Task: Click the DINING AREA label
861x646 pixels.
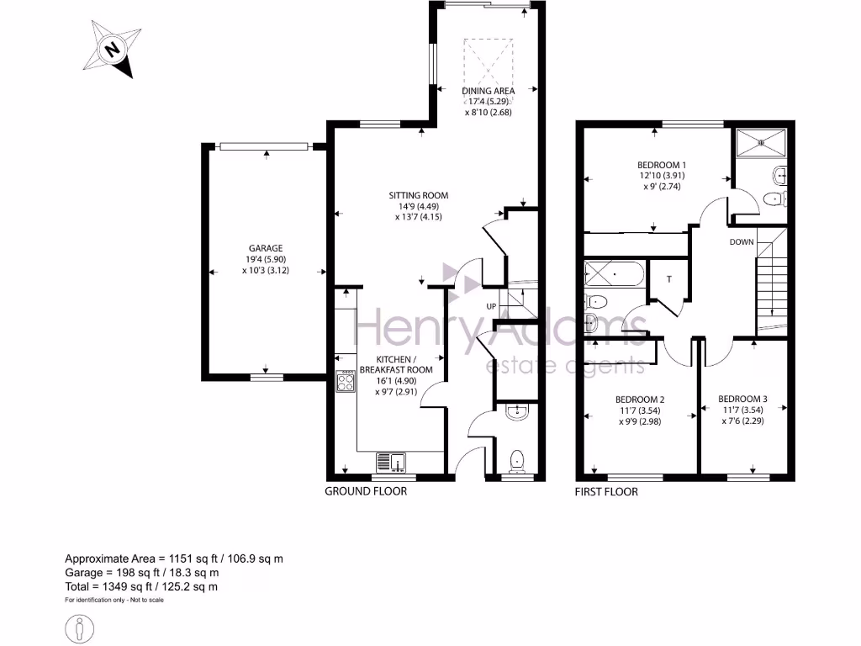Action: coord(489,91)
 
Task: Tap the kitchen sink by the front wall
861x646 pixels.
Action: coord(392,461)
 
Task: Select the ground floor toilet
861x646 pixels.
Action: coord(518,459)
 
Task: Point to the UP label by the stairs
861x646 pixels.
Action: coord(491,305)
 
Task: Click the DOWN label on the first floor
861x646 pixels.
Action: coord(742,242)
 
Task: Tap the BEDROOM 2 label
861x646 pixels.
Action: coord(640,400)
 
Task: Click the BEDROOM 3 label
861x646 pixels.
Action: coord(742,400)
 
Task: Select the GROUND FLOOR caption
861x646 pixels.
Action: coord(366,491)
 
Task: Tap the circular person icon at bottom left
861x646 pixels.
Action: coord(80,627)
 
